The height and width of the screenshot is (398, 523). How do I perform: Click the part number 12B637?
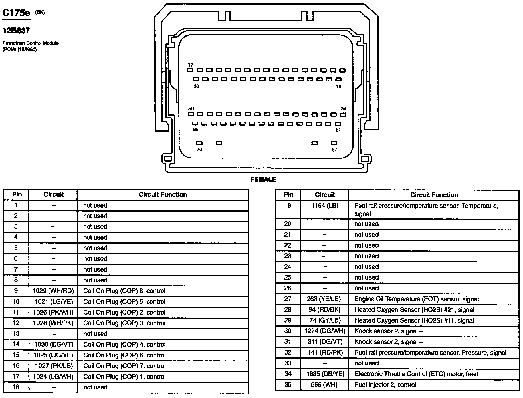click(x=16, y=31)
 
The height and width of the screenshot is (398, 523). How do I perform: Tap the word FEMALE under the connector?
click(x=263, y=180)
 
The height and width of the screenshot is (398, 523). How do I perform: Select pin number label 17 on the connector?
click(x=191, y=65)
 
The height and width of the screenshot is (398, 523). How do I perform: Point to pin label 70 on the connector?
click(x=199, y=149)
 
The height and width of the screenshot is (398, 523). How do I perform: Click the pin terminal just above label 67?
click(x=334, y=143)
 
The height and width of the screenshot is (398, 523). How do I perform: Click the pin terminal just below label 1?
click(x=342, y=70)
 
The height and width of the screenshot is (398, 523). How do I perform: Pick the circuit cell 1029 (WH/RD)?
click(x=53, y=291)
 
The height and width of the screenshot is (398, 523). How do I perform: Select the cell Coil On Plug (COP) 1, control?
click(x=124, y=377)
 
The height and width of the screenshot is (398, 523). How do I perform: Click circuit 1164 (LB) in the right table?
click(x=325, y=206)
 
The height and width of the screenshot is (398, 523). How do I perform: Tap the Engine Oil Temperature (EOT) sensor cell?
click(x=417, y=299)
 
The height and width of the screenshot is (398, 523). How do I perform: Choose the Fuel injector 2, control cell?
click(x=385, y=385)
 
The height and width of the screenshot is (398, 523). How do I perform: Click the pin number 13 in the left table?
click(x=16, y=334)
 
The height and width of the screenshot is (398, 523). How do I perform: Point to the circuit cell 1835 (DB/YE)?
click(x=325, y=374)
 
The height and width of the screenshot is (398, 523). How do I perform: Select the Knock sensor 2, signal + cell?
click(x=389, y=342)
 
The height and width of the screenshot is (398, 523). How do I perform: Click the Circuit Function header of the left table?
click(x=163, y=195)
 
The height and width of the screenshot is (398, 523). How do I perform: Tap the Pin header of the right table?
click(x=288, y=195)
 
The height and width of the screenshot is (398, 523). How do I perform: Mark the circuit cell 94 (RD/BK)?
click(x=325, y=310)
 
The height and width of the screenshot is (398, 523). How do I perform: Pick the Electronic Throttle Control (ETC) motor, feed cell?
click(x=416, y=374)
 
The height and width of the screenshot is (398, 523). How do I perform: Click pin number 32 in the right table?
click(x=288, y=353)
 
